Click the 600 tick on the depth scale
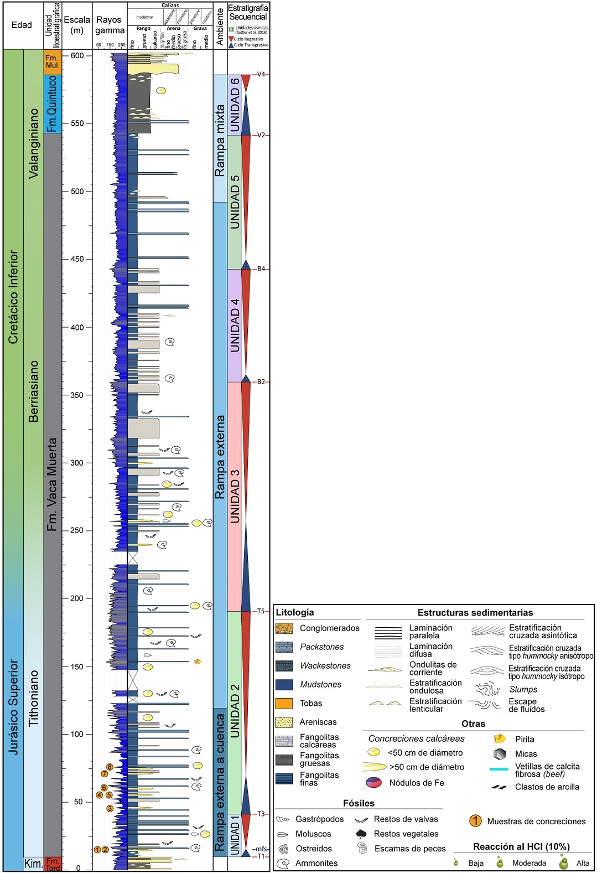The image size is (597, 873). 77,55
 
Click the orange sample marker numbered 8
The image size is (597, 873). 110,767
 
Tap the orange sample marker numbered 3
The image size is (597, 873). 110,808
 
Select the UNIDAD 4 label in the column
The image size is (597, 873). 235,325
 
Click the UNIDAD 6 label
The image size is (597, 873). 235,105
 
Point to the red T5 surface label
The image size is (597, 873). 261,611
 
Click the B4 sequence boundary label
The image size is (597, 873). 261,269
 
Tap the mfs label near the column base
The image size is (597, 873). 261,849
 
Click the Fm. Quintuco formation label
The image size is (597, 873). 52,104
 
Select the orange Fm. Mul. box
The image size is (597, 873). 52,61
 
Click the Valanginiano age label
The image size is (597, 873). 34,143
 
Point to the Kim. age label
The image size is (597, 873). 33,864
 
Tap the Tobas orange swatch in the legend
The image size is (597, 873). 284,703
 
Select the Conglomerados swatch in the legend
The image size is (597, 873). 284,628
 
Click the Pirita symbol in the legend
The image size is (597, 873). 500,739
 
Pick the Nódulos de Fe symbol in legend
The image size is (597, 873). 373,782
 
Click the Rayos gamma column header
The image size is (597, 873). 110,25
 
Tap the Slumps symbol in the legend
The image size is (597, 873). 487,689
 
